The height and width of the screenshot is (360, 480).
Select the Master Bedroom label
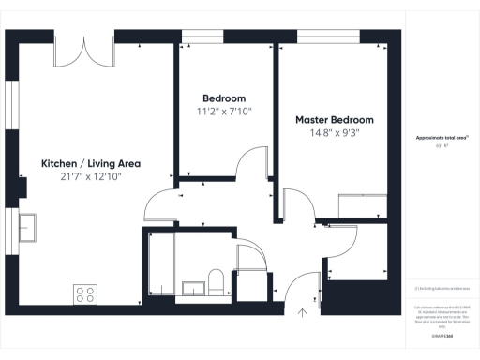335,120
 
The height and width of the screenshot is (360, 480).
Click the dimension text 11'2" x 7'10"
224,112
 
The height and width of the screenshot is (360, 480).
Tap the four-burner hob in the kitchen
85,294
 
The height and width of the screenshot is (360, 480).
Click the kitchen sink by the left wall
26,227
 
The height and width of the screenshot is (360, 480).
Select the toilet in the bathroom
215,282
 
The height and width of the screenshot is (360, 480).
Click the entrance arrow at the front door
303,313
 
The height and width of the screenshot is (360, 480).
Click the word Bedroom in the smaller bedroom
224,98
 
